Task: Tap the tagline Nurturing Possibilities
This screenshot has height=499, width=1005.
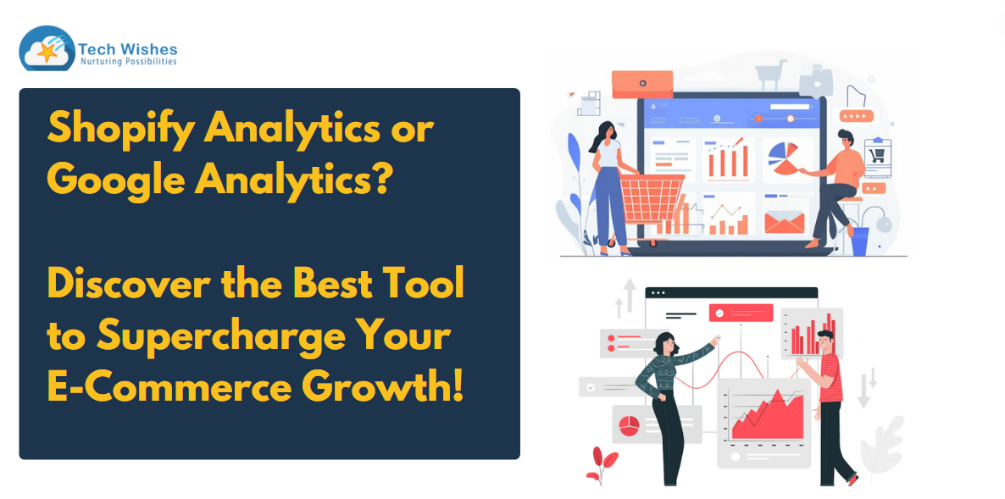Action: point(128,62)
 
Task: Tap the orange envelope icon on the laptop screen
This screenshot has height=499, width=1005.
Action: point(784,222)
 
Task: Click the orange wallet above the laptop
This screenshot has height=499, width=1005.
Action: point(642,84)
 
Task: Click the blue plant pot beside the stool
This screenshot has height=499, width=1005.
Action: point(859,241)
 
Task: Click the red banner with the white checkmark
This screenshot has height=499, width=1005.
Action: point(741,313)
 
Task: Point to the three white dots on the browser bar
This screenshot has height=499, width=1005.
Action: point(658,293)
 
